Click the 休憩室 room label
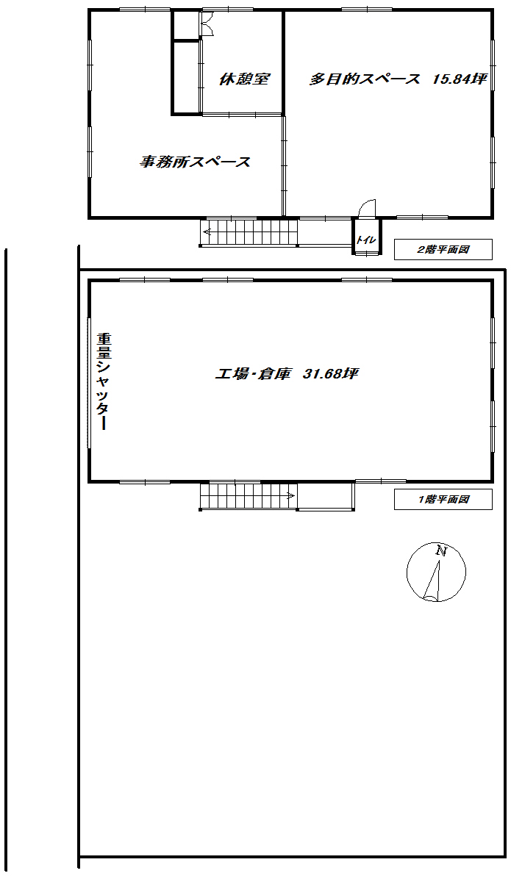tap(244, 79)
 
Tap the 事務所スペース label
tap(195, 162)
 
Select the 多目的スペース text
tap(365, 79)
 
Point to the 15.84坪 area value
tap(460, 79)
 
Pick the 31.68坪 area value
tap(330, 374)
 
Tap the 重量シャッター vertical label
tap(104, 381)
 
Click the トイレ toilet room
tap(366, 237)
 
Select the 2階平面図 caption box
tap(443, 250)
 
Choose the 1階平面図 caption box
tap(443, 500)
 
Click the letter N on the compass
tap(442, 551)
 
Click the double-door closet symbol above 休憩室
tap(207, 25)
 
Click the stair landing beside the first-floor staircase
tap(326, 496)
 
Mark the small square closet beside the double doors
tap(185, 25)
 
